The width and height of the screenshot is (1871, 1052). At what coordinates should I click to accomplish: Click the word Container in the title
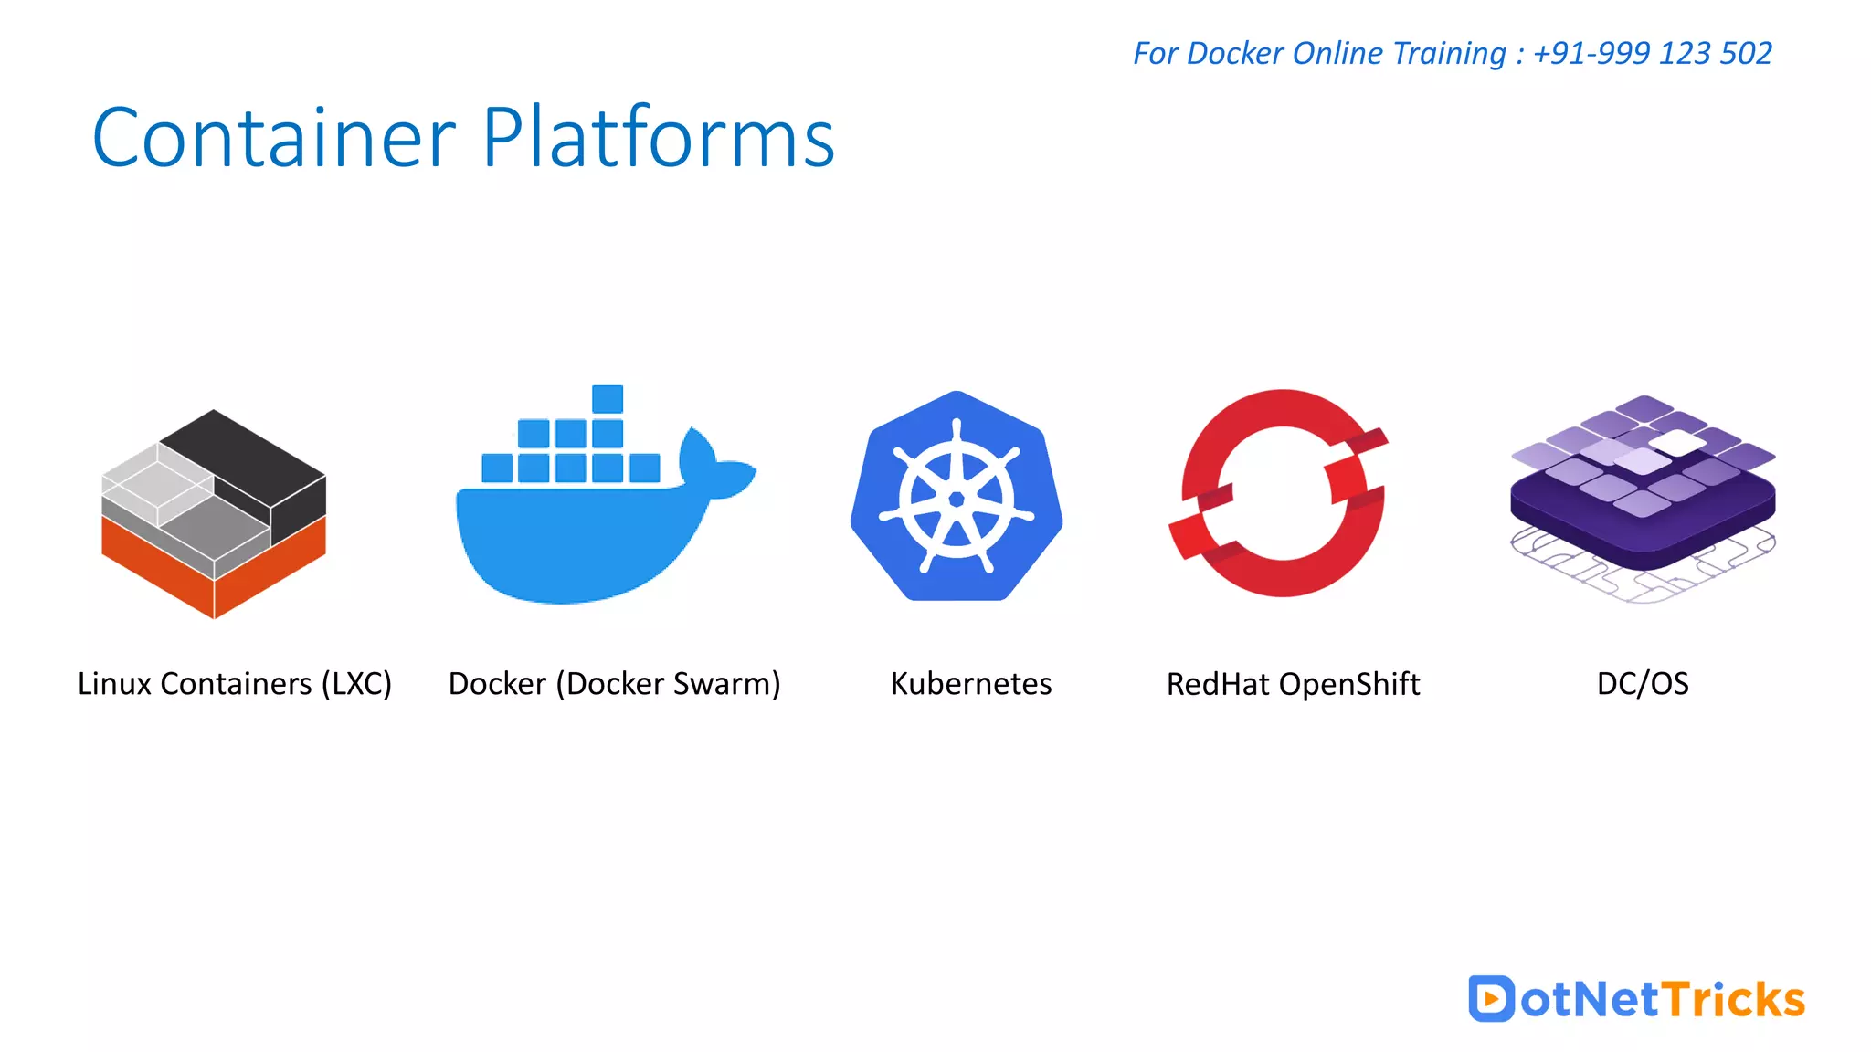tap(273, 139)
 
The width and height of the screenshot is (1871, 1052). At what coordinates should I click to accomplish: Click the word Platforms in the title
tap(658, 139)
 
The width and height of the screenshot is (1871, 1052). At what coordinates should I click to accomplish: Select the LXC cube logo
tap(214, 513)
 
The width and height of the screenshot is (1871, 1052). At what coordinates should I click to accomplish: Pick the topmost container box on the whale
tap(608, 399)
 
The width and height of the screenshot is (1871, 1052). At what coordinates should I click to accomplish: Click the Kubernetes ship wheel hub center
tap(957, 500)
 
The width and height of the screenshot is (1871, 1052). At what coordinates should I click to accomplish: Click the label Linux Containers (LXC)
tap(235, 684)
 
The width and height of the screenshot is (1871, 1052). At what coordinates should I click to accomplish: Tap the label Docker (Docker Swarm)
tap(614, 684)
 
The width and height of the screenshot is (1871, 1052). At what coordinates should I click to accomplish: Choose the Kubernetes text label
tap(970, 684)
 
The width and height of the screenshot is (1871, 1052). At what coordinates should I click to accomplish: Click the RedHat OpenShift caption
tap(1293, 684)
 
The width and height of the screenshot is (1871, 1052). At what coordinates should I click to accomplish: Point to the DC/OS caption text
tap(1642, 684)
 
